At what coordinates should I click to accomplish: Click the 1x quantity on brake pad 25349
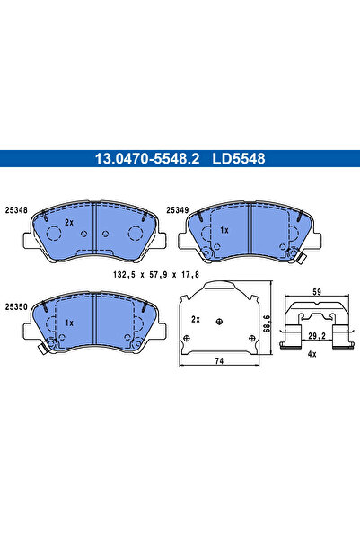click(x=224, y=230)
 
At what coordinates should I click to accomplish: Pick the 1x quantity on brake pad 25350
click(x=69, y=322)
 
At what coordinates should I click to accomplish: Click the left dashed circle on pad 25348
click(x=54, y=235)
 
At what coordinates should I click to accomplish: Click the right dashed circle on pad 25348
click(x=136, y=235)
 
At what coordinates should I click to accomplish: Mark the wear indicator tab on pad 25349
click(x=303, y=261)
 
